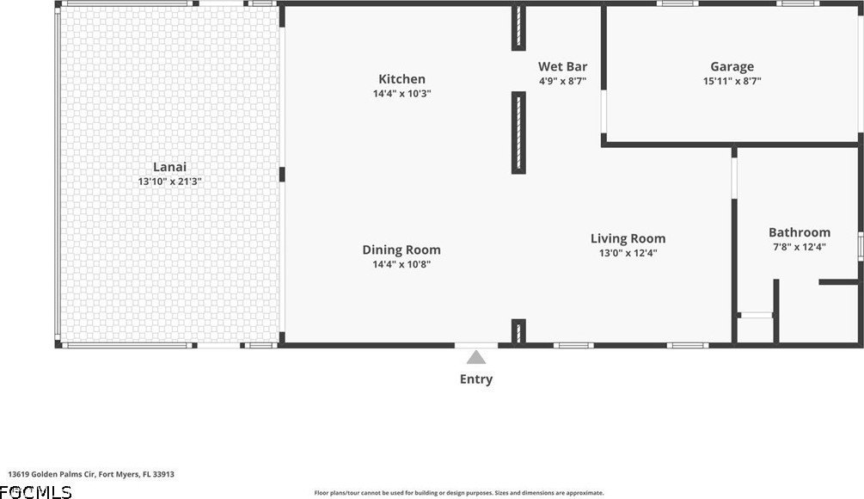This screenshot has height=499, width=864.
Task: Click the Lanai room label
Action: click(x=169, y=167)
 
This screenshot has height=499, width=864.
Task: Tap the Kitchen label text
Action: click(x=401, y=79)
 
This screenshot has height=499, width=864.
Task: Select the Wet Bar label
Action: click(x=562, y=66)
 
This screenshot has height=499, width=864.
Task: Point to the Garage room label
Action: click(x=732, y=67)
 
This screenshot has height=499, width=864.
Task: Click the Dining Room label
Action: click(x=401, y=249)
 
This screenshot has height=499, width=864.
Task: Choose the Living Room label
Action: click(x=628, y=239)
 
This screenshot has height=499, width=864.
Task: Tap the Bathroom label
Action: click(x=800, y=232)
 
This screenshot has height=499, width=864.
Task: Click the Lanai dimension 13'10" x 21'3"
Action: click(x=169, y=182)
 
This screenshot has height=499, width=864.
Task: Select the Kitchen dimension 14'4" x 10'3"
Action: click(x=401, y=94)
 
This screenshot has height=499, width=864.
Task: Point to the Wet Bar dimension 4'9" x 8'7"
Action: click(x=562, y=81)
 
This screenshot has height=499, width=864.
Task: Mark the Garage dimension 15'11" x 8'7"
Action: click(x=732, y=81)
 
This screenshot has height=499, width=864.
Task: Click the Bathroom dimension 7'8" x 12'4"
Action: click(x=800, y=247)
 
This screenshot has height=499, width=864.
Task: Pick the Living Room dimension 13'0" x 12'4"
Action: click(x=628, y=253)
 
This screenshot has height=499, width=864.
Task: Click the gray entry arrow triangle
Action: click(x=476, y=358)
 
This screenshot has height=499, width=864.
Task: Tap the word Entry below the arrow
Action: click(x=476, y=379)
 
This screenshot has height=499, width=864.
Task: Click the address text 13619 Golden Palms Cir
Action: click(x=52, y=474)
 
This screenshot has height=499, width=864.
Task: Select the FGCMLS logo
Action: click(x=36, y=492)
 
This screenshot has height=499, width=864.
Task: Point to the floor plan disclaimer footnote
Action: click(x=459, y=493)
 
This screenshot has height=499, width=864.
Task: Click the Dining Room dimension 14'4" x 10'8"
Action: click(x=401, y=265)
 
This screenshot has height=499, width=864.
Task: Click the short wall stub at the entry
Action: click(x=518, y=332)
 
